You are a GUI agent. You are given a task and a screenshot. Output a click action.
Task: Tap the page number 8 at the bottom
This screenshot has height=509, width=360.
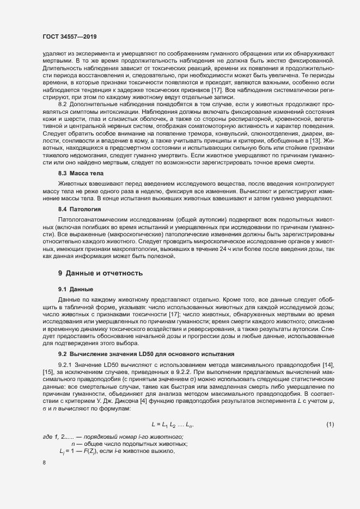click(x=44, y=463)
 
